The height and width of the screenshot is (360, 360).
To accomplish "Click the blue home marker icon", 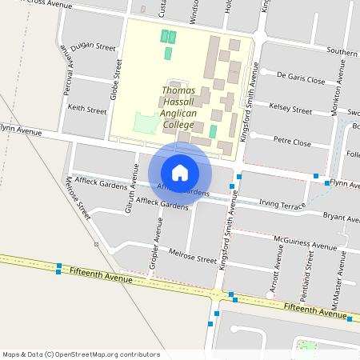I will (x=180, y=172).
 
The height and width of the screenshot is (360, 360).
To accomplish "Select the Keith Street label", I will (x=87, y=109).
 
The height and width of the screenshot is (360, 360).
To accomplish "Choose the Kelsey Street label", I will (x=290, y=108).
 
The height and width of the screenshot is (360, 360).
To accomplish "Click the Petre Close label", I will (x=292, y=142).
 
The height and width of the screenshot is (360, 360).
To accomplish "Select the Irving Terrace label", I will (x=283, y=205).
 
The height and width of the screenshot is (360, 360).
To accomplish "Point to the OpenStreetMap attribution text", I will (x=81, y=354).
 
